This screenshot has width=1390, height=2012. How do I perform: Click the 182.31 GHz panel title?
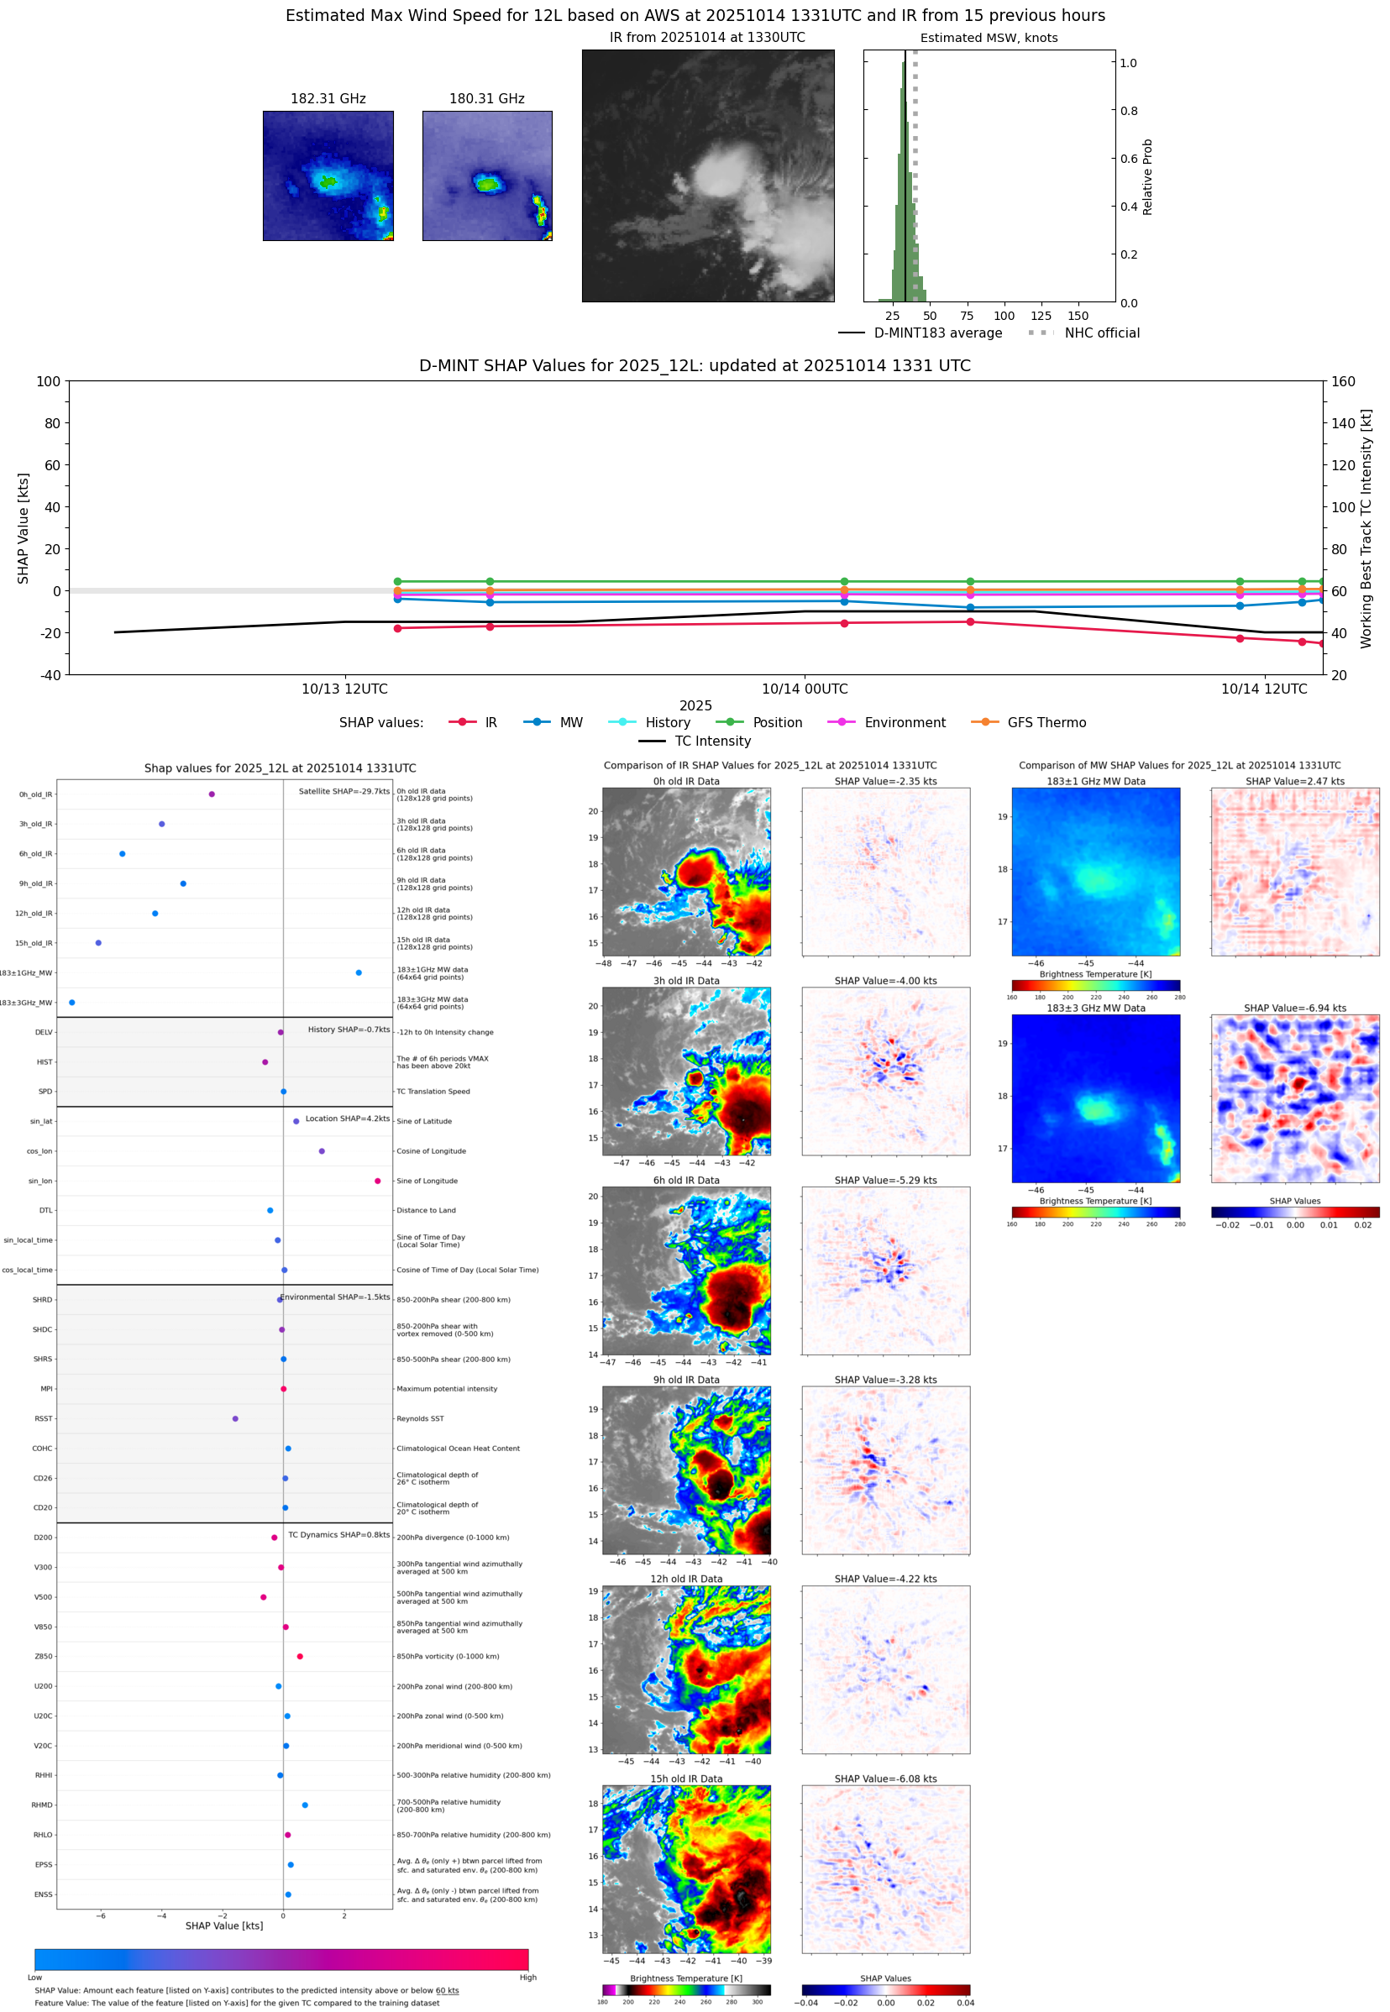click(x=328, y=98)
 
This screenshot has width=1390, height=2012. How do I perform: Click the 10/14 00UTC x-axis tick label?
click(x=804, y=689)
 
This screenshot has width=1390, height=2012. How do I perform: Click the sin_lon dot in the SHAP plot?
click(x=377, y=1181)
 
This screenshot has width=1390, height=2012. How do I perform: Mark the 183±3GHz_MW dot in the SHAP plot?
click(x=72, y=1002)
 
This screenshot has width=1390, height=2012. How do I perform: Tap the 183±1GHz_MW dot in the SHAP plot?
click(x=359, y=972)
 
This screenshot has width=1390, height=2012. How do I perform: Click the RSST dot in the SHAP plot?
click(x=235, y=1418)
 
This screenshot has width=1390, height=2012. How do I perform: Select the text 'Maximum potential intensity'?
click(x=447, y=1389)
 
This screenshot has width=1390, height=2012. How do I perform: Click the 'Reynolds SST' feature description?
click(x=420, y=1418)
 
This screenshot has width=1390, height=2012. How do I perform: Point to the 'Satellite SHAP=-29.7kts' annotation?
click(x=344, y=791)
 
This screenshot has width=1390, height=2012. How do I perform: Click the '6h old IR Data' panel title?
click(x=686, y=1181)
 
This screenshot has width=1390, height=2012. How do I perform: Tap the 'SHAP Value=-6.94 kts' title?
click(x=1294, y=1009)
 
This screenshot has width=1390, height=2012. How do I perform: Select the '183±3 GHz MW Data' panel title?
click(x=1096, y=1009)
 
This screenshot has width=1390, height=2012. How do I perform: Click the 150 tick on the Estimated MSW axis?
click(x=1078, y=316)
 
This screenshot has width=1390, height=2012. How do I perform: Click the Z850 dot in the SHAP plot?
click(x=300, y=1656)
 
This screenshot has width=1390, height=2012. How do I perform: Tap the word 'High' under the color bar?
click(x=527, y=1978)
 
